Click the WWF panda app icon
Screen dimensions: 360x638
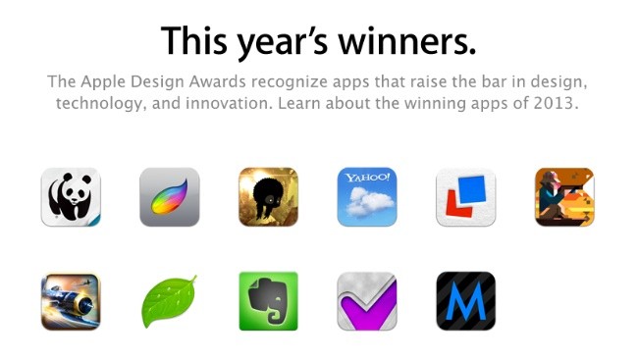click(x=71, y=197)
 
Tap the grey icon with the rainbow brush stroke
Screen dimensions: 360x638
click(x=169, y=197)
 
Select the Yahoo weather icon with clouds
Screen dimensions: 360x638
click(x=367, y=197)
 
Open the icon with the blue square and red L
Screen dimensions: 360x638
click(x=465, y=197)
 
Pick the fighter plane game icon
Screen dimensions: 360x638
click(x=71, y=301)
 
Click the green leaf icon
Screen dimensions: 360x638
click(x=169, y=301)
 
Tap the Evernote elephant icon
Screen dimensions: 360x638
click(x=268, y=301)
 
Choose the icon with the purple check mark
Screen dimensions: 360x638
click(x=367, y=301)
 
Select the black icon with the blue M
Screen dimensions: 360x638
click(x=465, y=301)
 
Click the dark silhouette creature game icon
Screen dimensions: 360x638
click(x=268, y=197)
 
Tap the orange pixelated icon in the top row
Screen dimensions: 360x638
click(x=564, y=197)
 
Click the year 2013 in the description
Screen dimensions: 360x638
click(x=558, y=103)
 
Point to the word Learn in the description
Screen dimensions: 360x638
click(x=310, y=103)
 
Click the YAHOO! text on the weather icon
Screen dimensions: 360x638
click(x=366, y=178)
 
